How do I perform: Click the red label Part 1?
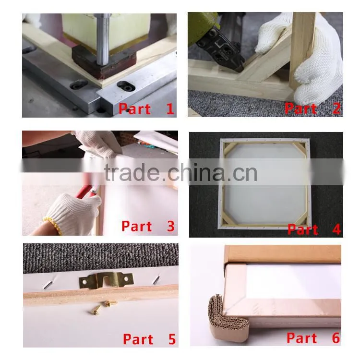146,108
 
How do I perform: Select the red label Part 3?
148,226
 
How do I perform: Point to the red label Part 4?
314,229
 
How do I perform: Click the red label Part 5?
149,339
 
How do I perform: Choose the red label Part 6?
313,338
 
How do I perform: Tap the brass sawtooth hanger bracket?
106,280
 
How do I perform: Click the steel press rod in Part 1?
103,39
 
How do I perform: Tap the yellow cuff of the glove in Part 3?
53,226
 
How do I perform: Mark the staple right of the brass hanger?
156,279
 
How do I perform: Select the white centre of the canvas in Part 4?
265,184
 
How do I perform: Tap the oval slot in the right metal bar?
127,86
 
